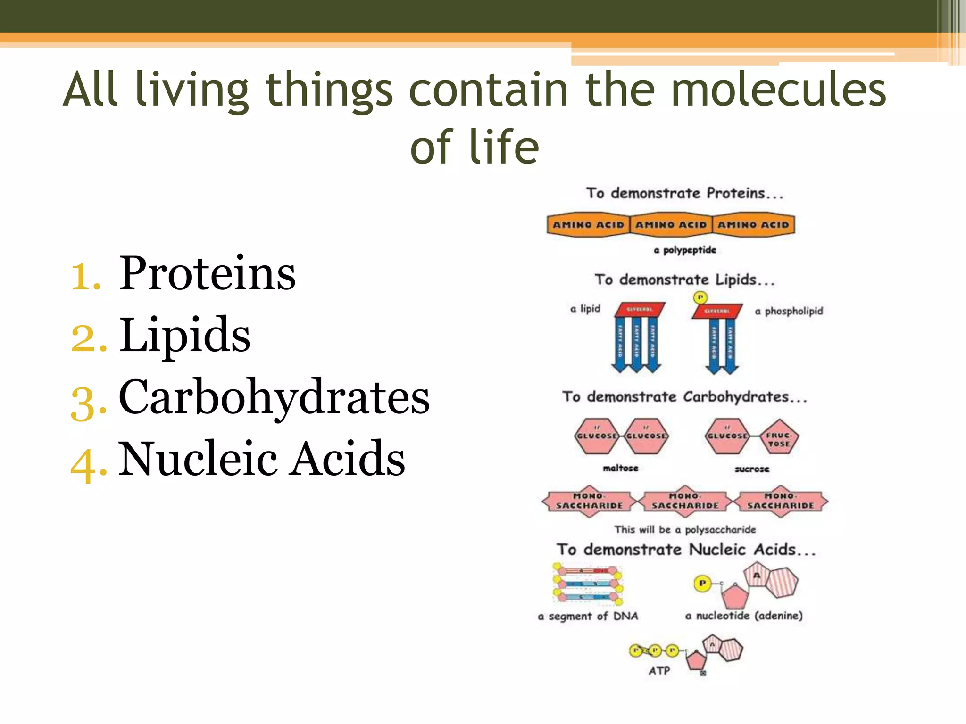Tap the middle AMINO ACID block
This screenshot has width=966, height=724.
tap(671, 225)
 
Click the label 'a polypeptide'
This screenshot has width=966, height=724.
tap(685, 250)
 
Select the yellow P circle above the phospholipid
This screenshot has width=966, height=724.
tap(700, 297)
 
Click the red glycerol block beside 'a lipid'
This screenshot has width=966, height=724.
tap(640, 309)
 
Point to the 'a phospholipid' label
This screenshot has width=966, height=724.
tap(789, 311)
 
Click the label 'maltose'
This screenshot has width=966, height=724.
tap(620, 468)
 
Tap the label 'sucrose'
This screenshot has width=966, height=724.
tap(752, 469)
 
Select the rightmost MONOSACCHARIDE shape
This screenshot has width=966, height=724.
tap(781, 501)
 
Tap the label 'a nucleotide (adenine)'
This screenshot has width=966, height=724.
tap(744, 616)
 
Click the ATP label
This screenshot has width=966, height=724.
tap(659, 671)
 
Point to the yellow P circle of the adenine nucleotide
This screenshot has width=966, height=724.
tap(702, 584)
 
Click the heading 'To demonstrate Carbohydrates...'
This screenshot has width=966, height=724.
tap(684, 397)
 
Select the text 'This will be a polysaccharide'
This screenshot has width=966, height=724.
tap(685, 530)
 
